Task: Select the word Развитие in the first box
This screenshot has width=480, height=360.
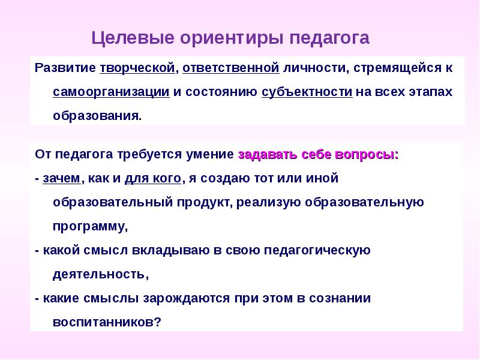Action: tap(65, 68)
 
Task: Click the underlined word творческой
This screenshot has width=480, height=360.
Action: tap(137, 68)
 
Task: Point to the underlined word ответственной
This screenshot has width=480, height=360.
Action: tap(231, 68)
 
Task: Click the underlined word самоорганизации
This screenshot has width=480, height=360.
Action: tap(111, 92)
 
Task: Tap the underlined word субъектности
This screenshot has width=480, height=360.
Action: tap(307, 92)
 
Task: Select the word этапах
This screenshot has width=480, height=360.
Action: tap(428, 92)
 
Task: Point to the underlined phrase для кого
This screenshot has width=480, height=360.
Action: tap(152, 178)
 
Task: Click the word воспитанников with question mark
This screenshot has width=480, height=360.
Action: tap(107, 322)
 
